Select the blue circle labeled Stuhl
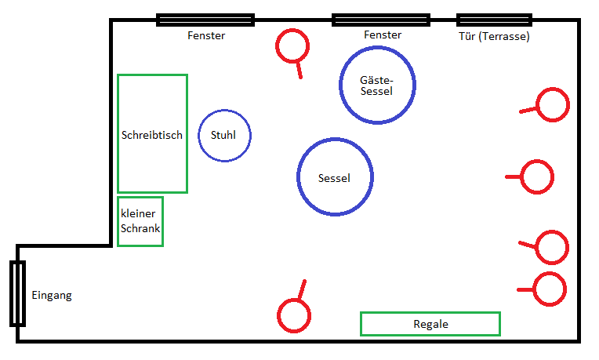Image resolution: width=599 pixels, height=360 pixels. (x=224, y=135)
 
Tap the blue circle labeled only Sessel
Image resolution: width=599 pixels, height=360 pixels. (x=335, y=177)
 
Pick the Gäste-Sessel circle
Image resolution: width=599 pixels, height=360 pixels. (x=377, y=85)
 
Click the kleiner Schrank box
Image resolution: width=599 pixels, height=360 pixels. (x=140, y=221)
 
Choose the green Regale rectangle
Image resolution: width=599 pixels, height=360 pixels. (x=430, y=323)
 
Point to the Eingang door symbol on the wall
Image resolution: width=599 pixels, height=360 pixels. (x=17, y=293)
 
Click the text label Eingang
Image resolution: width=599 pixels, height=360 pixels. (x=52, y=296)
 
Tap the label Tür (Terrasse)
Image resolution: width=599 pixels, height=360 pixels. (x=494, y=36)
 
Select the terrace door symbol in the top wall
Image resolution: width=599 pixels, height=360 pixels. (x=494, y=20)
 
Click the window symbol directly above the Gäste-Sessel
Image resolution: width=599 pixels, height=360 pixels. (x=381, y=20)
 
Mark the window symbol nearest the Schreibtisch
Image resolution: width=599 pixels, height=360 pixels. (x=205, y=20)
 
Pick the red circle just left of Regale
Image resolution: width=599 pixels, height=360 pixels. (x=294, y=315)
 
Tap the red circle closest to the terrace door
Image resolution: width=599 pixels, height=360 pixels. (x=552, y=105)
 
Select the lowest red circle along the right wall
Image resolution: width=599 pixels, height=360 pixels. (x=549, y=289)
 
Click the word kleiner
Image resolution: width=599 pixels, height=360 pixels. (x=137, y=213)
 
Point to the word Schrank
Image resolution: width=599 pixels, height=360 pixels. (x=140, y=229)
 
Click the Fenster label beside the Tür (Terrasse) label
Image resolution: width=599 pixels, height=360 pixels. (x=383, y=35)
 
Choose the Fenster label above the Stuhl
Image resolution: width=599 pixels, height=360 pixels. (x=206, y=36)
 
